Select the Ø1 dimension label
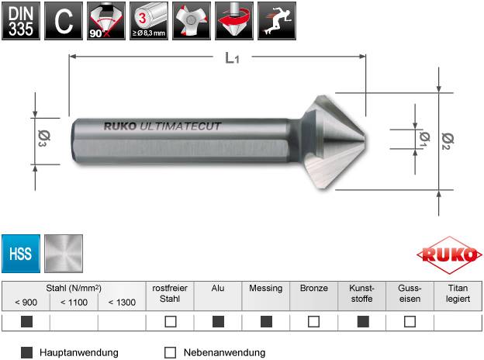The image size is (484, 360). pyautogui.click(x=424, y=138)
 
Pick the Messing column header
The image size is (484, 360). pyautogui.click(x=265, y=288)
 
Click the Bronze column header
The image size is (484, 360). pyautogui.click(x=313, y=288)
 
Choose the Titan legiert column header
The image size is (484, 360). pyautogui.click(x=458, y=293)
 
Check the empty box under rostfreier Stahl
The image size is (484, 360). pyautogui.click(x=170, y=321)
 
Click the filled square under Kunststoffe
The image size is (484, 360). pyautogui.click(x=361, y=321)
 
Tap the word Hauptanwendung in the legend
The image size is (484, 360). pyautogui.click(x=78, y=352)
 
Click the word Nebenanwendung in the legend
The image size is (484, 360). pyautogui.click(x=224, y=352)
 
